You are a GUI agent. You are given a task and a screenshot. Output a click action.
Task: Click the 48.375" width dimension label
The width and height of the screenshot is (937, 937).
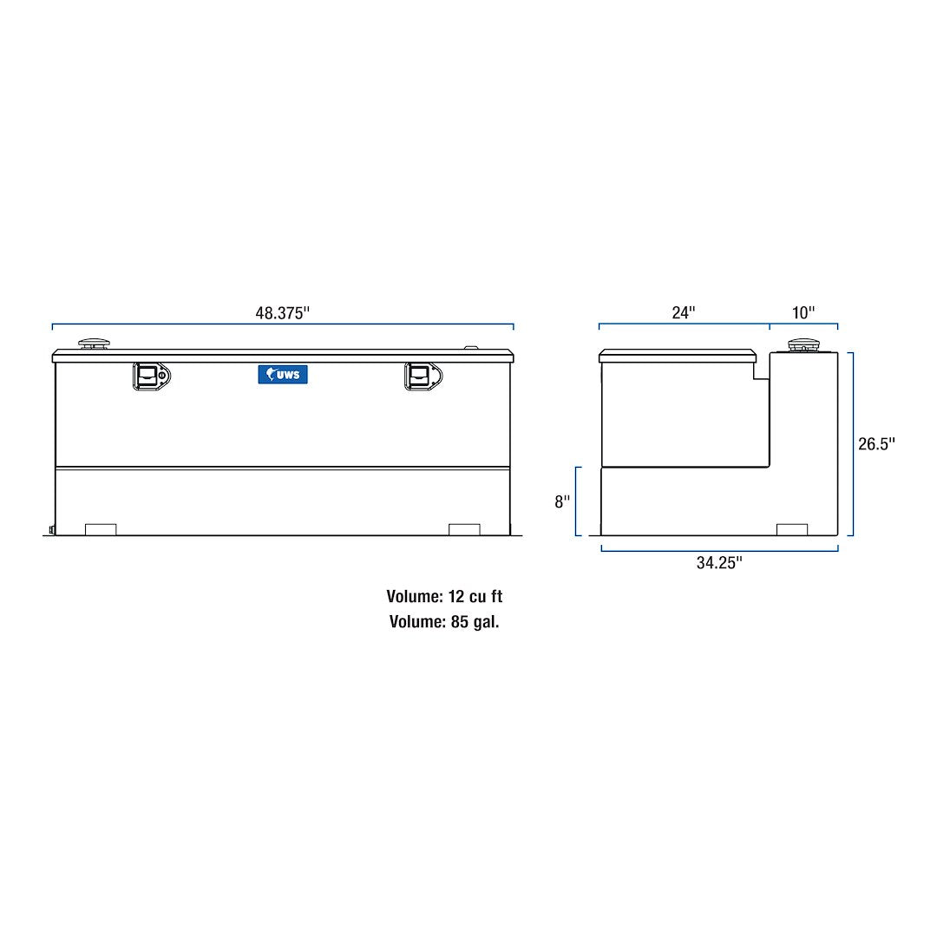[282, 313]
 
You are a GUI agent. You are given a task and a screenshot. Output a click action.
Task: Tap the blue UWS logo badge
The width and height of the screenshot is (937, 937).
[283, 374]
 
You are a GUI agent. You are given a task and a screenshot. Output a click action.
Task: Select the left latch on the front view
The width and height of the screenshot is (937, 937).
[151, 375]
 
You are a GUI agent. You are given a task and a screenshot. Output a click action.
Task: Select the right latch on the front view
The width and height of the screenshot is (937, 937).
[423, 376]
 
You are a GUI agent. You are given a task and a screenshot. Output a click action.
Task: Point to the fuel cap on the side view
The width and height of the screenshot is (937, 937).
[803, 345]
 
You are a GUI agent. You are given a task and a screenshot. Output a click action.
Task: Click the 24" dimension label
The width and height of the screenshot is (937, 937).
[684, 312]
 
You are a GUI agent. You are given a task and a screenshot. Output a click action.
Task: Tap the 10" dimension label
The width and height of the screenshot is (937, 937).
[803, 312]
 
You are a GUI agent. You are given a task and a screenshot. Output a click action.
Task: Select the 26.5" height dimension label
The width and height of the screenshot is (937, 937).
[876, 443]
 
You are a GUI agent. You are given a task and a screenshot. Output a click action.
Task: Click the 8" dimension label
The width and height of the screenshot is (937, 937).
[562, 501]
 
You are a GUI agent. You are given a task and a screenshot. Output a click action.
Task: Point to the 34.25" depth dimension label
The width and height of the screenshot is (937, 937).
[719, 562]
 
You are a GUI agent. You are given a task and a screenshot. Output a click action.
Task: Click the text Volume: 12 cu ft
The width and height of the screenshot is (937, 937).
[444, 597]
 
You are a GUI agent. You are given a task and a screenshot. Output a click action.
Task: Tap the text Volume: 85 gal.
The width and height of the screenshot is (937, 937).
[444, 621]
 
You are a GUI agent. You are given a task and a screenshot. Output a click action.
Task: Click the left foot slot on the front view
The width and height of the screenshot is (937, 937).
[101, 529]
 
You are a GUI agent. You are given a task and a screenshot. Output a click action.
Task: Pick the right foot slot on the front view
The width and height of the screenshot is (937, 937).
[464, 529]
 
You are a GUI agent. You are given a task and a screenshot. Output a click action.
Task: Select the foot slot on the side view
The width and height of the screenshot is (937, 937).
[791, 529]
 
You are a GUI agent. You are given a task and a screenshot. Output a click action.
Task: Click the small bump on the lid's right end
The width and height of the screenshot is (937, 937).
[471, 348]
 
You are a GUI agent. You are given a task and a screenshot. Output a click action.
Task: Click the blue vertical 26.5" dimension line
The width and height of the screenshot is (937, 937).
[852, 443]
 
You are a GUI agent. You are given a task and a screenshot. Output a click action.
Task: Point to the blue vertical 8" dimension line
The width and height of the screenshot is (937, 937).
[578, 501]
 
